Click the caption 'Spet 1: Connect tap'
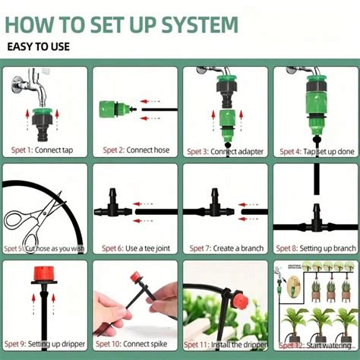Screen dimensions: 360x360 click(43, 150)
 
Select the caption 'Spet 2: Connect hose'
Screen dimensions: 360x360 click(134, 150)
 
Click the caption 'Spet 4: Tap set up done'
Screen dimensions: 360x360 click(314, 150)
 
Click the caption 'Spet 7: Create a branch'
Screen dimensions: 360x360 click(225, 248)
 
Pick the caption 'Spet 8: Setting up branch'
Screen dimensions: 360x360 click(314, 248)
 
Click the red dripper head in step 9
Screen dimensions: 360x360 click(43, 273)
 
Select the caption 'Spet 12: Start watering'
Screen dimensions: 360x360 click(314, 344)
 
